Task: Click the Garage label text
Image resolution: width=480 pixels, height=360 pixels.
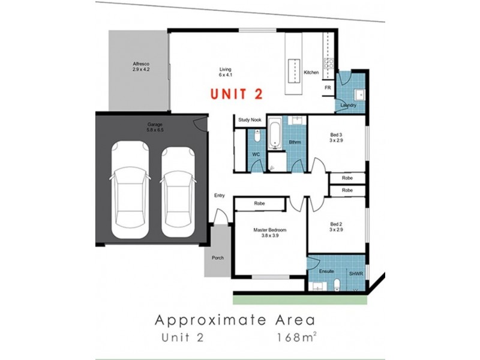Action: (155, 125)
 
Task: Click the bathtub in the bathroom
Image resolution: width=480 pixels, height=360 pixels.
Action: (275, 135)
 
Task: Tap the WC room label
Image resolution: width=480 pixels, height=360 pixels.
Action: (255, 155)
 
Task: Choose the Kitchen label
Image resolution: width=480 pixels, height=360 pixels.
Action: (311, 72)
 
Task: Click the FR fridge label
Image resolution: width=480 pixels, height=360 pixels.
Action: (328, 88)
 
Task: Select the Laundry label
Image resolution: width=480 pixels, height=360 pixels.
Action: (348, 105)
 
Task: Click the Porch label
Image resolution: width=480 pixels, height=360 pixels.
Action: (217, 257)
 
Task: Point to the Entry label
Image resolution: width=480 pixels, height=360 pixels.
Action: (220, 196)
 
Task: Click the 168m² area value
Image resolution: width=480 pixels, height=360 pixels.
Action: (297, 337)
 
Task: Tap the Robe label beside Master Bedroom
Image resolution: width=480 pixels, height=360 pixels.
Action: (259, 204)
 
